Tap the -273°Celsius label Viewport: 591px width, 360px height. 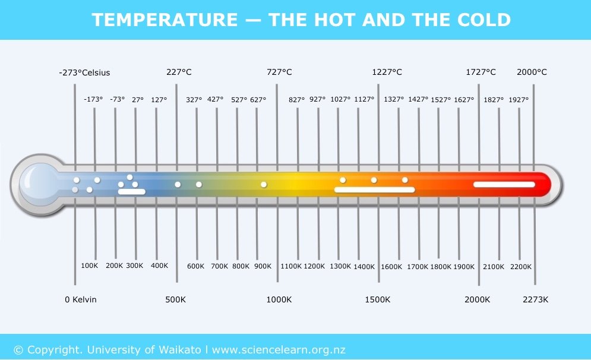coord(84,73)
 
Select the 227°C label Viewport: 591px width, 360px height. coord(179,72)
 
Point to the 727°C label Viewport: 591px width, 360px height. coord(279,72)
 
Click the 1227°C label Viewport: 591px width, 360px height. coord(387,72)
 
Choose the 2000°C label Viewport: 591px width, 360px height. coord(532,72)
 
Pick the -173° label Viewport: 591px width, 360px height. coord(93,100)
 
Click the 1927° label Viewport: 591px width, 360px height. coord(518,100)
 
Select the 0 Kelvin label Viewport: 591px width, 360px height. coord(81,299)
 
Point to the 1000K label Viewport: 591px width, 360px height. coord(279,299)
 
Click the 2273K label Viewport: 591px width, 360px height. coord(535,299)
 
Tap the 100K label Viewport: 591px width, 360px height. coord(89,266)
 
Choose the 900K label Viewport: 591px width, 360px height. coord(263,266)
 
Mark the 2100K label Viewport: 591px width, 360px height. coord(493,266)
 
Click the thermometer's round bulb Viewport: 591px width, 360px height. coord(37,184)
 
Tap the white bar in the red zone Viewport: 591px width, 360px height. coord(504,184)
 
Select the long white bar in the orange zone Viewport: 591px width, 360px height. coord(374,190)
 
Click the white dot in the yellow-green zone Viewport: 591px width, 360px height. coord(264,184)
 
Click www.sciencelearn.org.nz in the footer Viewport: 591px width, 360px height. coord(279,349)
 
